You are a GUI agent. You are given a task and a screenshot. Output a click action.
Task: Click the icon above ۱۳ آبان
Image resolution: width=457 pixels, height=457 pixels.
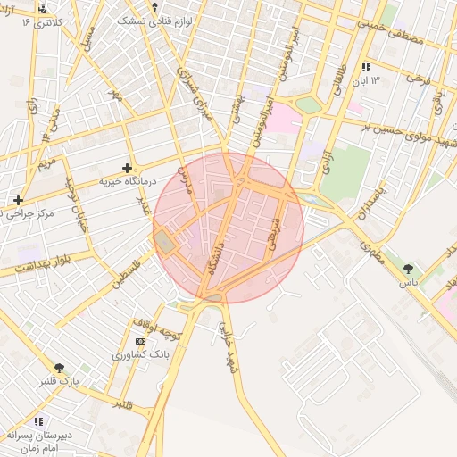366,68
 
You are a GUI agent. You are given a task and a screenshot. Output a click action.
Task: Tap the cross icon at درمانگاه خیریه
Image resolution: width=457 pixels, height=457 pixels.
128,167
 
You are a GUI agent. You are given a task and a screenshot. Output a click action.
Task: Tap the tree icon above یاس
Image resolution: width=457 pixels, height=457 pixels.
408,268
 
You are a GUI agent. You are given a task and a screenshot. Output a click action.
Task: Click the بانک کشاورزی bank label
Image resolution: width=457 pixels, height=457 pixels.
140,355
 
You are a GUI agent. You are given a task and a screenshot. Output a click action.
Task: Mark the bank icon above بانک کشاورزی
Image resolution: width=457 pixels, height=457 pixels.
140,342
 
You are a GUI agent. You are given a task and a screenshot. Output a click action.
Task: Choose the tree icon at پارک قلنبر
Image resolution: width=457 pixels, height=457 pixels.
60,368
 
